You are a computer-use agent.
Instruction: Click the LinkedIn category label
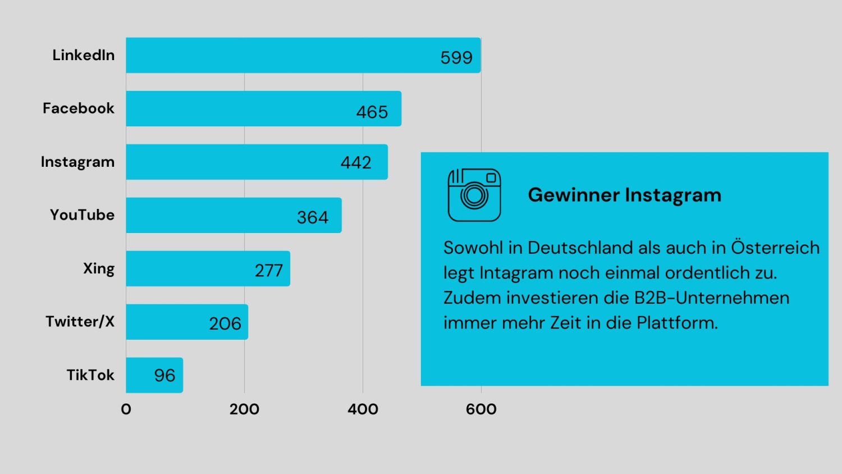pos(84,55)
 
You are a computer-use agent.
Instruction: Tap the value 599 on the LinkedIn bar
pos(456,57)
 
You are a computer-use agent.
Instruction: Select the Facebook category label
pos(79,108)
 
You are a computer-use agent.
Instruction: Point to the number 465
pos(372,112)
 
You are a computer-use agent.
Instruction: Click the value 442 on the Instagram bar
pos(356,163)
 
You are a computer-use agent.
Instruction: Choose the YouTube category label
pos(82,215)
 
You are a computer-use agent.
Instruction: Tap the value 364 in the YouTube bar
pos(313,217)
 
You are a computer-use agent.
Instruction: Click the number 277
pos(269,271)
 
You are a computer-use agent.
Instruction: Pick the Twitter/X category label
pos(80,322)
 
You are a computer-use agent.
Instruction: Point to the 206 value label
pos(225,324)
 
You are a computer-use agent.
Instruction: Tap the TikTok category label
pos(90,375)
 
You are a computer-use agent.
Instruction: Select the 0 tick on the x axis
pos(126,409)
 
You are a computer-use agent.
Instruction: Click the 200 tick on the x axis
pos(244,409)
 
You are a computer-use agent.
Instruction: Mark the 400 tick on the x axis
pos(363,409)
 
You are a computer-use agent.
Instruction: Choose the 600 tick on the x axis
pos(481,409)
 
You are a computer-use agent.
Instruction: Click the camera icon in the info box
pos(474,195)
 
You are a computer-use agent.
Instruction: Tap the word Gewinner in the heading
pos(573,195)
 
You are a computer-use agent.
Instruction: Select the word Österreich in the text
pos(775,248)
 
